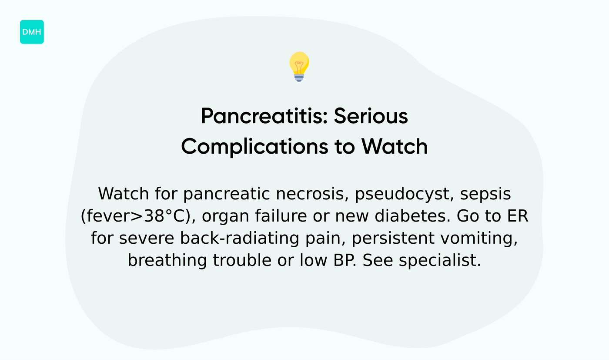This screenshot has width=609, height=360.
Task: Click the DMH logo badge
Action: tap(32, 32)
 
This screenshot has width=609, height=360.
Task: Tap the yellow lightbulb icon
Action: tap(299, 64)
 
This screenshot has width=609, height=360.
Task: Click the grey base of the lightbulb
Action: tap(299, 77)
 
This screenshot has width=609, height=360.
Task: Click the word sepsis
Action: tap(485, 194)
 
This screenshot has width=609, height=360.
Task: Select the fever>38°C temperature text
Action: tap(137, 216)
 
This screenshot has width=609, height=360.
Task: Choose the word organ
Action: tap(224, 216)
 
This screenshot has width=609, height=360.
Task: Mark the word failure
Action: tap(275, 216)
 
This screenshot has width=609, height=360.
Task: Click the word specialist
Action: tap(440, 260)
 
